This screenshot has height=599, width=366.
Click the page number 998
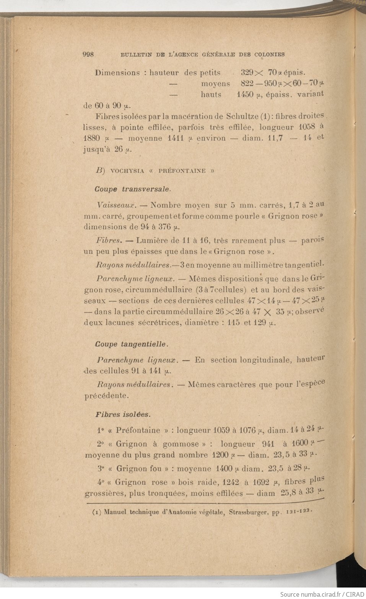click(x=88, y=54)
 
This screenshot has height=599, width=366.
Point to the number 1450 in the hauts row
click(x=245, y=94)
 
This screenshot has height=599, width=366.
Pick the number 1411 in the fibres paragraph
click(x=176, y=138)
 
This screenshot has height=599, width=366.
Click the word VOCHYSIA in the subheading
click(x=127, y=171)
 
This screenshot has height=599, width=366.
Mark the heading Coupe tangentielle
click(x=132, y=344)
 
